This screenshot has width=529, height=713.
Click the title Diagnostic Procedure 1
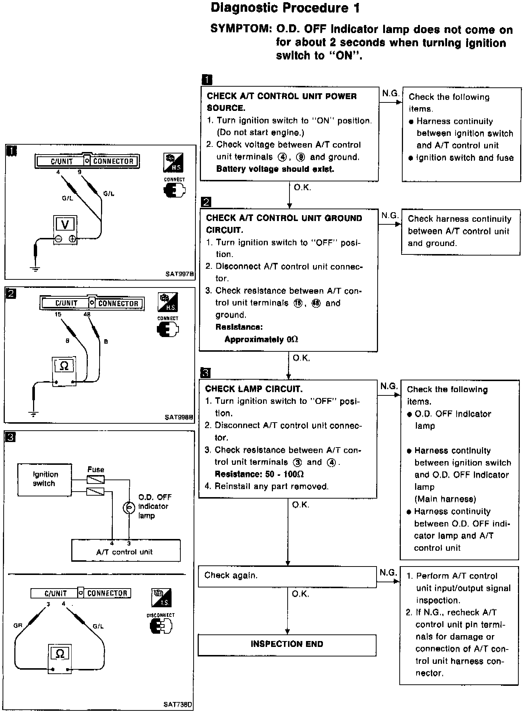coord(285,8)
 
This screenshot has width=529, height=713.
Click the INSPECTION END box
coord(287,644)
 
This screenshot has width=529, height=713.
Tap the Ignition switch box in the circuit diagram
coord(44,479)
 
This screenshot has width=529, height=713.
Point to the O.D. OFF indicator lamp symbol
coord(129,507)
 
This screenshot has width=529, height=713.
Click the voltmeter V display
coord(65,224)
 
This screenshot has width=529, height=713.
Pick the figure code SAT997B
coord(179,274)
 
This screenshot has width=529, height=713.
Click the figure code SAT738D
coord(178,704)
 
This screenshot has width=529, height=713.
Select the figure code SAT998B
coord(179,417)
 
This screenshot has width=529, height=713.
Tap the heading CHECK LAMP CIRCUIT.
coord(254,389)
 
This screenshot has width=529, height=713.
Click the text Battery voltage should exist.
coord(275,169)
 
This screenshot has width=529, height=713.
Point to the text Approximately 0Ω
coord(261,339)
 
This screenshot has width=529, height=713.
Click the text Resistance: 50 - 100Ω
coord(259,474)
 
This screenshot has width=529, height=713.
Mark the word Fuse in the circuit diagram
coord(96,470)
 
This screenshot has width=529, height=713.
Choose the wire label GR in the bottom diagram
coord(18,626)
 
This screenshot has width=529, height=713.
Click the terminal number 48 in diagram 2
coord(87,315)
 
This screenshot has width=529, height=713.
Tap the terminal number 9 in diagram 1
coord(79,172)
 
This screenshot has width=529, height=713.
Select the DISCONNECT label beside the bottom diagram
coord(161,615)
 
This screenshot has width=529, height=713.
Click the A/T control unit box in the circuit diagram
coord(125,552)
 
